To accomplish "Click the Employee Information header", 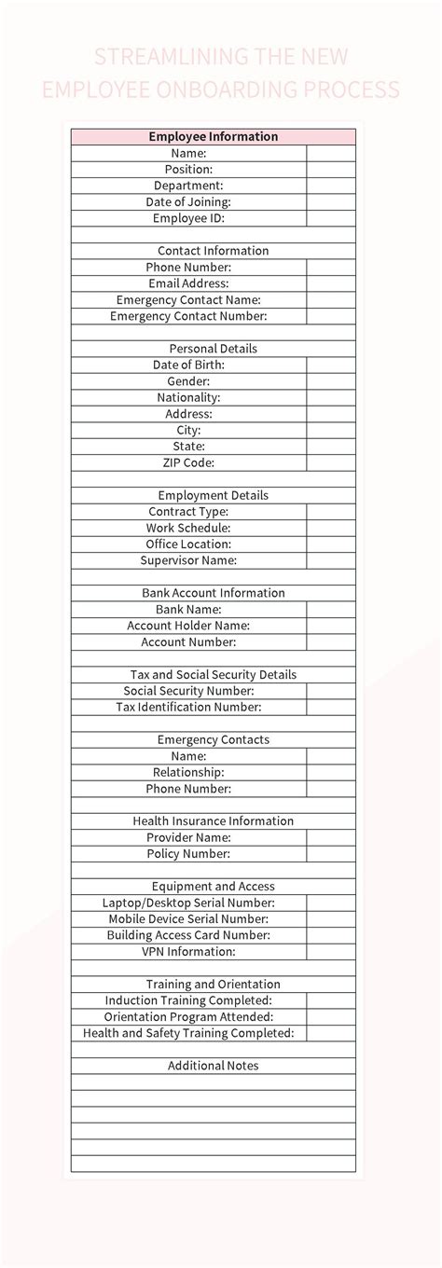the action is tap(213, 136).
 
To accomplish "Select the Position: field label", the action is tap(188, 170).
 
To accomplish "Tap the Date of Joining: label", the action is tap(188, 201).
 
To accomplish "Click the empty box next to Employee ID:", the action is tap(331, 218).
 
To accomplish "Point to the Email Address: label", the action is tap(188, 283).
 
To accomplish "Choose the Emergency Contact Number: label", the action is tap(188, 316).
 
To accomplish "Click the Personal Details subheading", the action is tap(213, 349).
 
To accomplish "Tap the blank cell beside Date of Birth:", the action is tap(331, 365).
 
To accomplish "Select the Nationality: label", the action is tap(188, 397).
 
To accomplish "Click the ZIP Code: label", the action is tap(188, 462).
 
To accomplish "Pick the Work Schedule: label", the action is tap(188, 528).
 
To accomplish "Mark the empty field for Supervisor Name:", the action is tap(331, 560).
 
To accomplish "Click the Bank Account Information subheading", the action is tap(213, 593).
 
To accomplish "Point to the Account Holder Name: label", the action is tap(188, 626).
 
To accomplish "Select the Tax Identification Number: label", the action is tap(188, 707).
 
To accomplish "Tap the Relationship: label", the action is tap(188, 772).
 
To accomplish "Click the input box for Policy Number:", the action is tap(331, 854).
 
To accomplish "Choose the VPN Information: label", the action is tap(188, 952).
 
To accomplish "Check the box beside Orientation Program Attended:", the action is tap(331, 1017).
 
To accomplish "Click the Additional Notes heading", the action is tap(213, 1066).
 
